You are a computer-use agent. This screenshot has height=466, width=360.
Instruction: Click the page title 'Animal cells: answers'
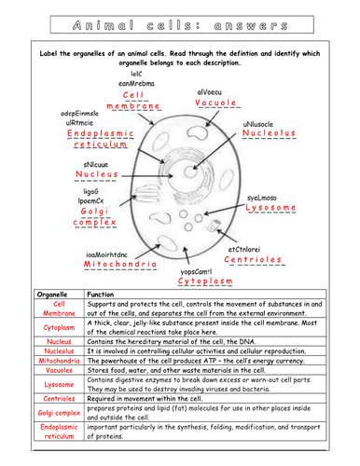180,25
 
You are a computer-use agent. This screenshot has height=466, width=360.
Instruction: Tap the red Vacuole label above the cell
215,103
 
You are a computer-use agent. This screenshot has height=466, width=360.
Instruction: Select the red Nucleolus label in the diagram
269,133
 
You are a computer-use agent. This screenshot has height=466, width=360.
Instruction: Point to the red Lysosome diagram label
270,208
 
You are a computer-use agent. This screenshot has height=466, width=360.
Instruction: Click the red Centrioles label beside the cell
253,259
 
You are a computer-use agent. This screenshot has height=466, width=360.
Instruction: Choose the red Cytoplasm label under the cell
205,281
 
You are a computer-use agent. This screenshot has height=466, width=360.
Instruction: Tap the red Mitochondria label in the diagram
120,264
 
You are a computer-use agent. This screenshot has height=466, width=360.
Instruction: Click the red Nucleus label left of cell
97,174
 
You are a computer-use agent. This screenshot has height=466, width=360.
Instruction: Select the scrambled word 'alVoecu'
210,92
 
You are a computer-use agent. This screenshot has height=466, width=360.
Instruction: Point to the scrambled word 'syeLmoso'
262,198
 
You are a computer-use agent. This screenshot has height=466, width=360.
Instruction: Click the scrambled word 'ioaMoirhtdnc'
106,254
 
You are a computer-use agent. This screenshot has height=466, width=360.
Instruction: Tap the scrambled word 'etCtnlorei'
244,250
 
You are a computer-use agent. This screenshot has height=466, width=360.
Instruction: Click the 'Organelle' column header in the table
52,295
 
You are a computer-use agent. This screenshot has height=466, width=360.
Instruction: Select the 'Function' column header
101,295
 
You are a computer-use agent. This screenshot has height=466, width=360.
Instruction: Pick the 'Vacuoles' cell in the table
59,370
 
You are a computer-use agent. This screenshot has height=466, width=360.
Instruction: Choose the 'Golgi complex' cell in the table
59,413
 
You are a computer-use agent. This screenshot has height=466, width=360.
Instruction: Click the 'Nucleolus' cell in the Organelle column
59,351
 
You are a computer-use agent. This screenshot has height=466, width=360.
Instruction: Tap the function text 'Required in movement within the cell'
145,399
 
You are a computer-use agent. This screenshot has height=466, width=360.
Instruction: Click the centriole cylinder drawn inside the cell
214,226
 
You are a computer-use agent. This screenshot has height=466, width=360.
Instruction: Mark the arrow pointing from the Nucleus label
147,176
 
